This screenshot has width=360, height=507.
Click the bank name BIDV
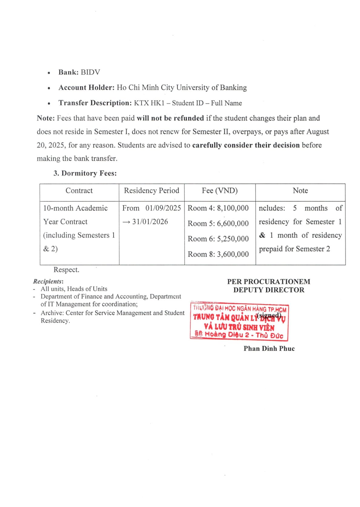coord(90,72)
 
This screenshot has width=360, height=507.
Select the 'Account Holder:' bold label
coord(86,88)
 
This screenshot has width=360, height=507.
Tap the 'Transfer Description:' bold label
coord(95,103)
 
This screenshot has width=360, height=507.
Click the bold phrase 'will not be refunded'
coord(170,118)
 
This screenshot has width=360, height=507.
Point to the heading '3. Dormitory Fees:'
coord(85,173)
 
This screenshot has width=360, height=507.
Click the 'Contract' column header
coord(79,191)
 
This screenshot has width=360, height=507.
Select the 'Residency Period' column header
coord(152,191)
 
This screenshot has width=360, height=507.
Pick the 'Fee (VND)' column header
coord(220,191)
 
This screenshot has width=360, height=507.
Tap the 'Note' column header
coord(300,191)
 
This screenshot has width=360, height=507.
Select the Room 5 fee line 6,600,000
coord(218,223)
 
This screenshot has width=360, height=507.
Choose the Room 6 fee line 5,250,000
coord(218,239)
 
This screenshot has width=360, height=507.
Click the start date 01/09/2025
coord(163,208)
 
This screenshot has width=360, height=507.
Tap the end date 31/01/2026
coord(150,222)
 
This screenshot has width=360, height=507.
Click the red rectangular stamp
coord(239,322)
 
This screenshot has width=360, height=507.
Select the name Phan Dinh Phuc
coord(269,348)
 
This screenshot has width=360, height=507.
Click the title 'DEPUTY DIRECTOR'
coord(268,290)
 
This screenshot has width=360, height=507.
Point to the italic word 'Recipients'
coord(47,281)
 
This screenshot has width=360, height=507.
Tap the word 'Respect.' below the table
coord(66,270)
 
